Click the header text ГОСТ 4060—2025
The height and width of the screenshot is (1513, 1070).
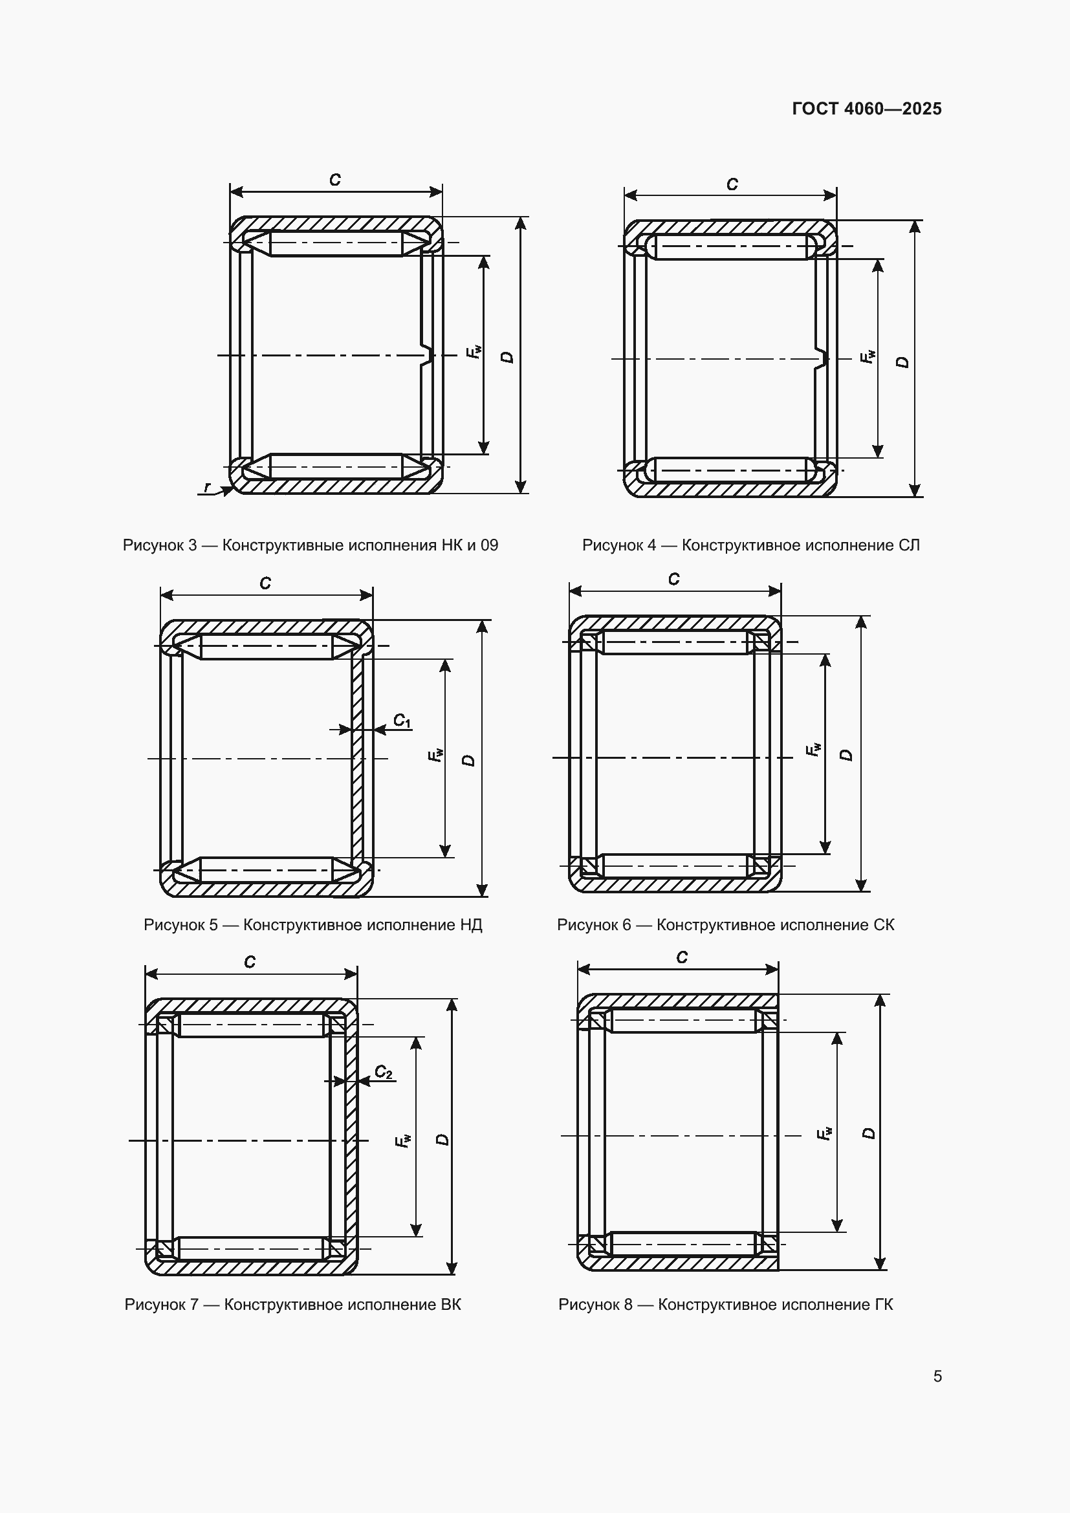[866, 109]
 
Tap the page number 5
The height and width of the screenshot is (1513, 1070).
[937, 1376]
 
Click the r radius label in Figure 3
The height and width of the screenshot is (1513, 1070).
[208, 487]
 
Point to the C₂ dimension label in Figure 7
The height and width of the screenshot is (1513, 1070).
[384, 1072]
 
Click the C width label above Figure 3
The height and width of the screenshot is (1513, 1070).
[334, 180]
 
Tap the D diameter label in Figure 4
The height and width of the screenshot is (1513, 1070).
[902, 362]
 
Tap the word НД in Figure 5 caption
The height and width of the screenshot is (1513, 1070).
[471, 925]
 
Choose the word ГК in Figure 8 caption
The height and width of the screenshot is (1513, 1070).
[884, 1305]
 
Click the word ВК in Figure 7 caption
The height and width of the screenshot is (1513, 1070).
[451, 1305]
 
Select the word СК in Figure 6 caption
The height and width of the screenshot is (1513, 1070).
[884, 925]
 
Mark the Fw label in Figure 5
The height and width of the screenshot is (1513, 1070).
[435, 755]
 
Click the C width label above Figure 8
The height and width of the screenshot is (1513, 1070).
[682, 957]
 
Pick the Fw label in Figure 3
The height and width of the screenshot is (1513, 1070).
[474, 352]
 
